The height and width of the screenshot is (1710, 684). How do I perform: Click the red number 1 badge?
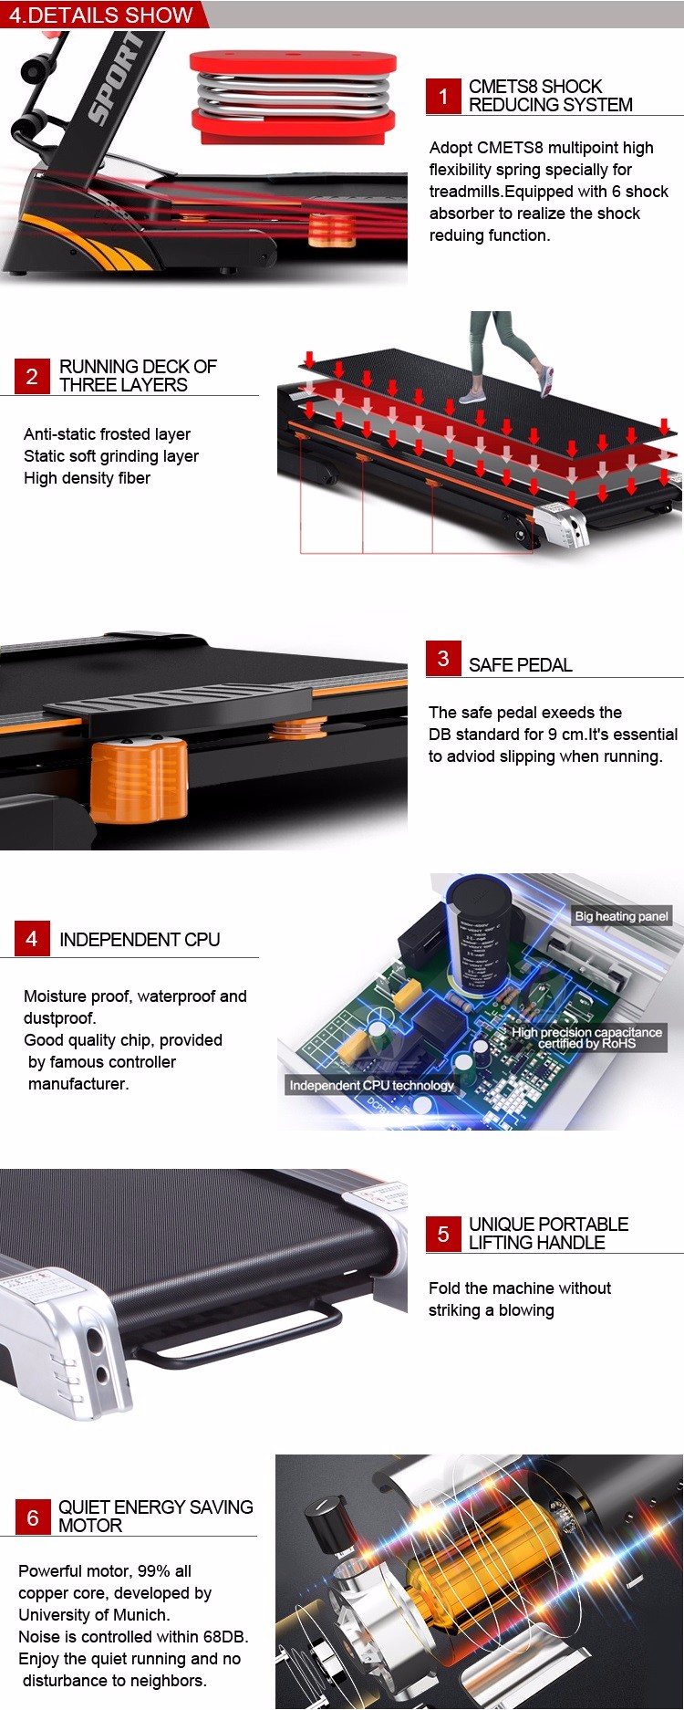443,96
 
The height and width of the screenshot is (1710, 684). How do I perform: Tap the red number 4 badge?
32,939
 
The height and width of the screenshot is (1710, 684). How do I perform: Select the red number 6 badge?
33,1517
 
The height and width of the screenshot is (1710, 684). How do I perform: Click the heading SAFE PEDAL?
521,665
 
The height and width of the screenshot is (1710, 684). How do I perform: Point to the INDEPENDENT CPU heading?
140,940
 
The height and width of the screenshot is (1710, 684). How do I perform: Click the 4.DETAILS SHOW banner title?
101,16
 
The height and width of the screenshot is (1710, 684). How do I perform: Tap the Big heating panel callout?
622,916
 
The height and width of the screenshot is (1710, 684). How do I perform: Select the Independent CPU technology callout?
371,1085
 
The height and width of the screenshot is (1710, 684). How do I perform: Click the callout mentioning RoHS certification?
586,1037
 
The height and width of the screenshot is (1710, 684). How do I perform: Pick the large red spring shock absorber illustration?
293,98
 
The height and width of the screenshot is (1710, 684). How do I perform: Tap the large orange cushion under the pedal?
140,780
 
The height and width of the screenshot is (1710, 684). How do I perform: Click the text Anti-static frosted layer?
107,434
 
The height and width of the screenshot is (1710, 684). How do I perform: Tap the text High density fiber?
87,478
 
